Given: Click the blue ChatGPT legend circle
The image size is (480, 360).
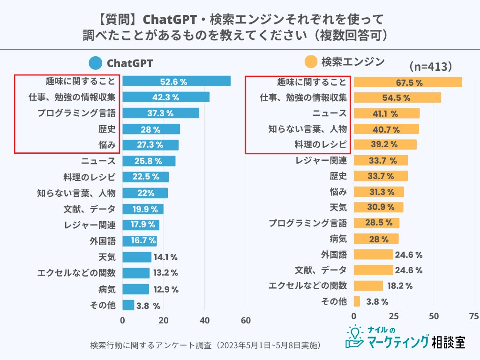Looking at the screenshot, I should [96, 63].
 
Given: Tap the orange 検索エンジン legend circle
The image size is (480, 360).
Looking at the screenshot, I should [310, 62].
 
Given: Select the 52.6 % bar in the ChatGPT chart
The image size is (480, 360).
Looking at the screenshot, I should [176, 82].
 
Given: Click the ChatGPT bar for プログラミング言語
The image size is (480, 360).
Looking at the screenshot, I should [161, 113].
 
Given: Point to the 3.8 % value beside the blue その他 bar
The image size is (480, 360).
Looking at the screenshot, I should [148, 306].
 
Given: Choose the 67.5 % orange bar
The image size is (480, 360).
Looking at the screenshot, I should [407, 82].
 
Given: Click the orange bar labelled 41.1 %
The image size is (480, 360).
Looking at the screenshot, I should [386, 113].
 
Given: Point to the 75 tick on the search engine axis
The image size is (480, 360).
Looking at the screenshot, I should [474, 316].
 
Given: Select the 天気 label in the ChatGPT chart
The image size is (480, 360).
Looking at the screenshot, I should [106, 257].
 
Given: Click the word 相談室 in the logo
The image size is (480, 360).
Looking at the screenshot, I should [448, 342].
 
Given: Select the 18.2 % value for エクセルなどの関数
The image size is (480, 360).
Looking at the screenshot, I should [399, 285].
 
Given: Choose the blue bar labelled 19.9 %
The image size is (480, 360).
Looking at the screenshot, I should [143, 209].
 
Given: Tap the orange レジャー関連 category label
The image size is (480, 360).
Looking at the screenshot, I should [321, 161].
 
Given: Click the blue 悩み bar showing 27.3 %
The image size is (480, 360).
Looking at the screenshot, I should [150, 145].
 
